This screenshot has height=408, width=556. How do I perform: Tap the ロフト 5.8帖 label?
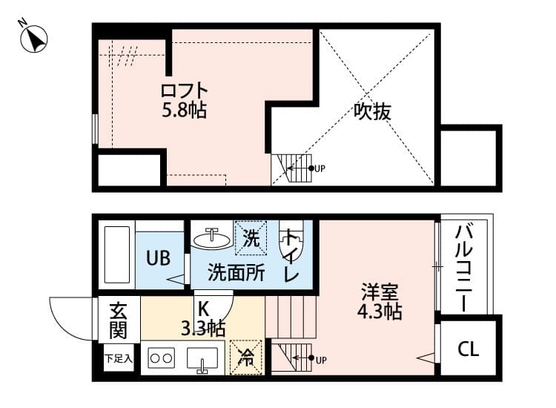point(185,101)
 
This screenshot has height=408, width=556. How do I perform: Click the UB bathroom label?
point(158,258)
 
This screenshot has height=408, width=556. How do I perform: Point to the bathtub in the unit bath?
point(116,254)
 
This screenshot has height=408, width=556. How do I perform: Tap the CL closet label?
point(467,348)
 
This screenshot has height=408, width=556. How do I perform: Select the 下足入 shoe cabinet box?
point(118,359)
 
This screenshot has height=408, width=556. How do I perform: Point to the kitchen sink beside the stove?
point(201,361)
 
